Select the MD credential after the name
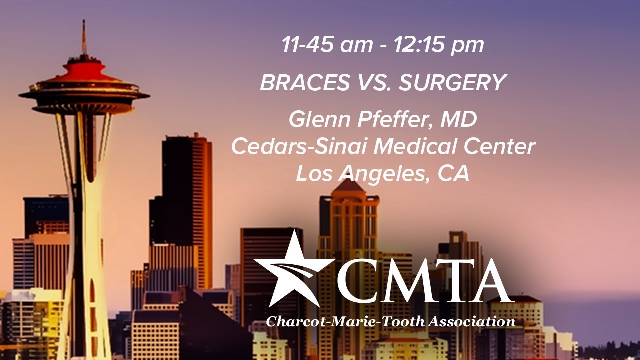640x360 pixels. point(461,120)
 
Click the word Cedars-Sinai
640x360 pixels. point(299,147)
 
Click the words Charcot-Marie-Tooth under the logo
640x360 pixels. point(344,321)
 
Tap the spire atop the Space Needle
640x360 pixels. point(84,37)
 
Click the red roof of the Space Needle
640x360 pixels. point(84,70)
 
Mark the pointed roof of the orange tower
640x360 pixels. point(348,186)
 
